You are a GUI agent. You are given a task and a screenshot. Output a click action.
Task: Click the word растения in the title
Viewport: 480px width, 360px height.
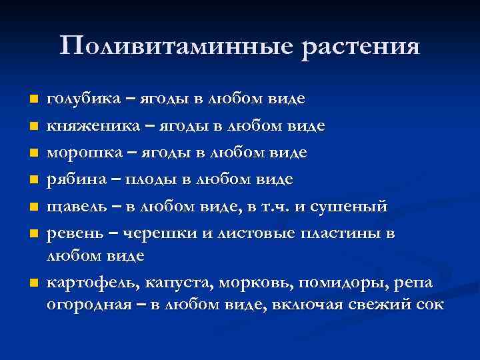pos(361,47)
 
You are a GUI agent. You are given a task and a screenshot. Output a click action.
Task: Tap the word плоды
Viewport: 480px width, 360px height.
pos(157,179)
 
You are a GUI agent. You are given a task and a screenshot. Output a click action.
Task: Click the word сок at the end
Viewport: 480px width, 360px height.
pos(427,305)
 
